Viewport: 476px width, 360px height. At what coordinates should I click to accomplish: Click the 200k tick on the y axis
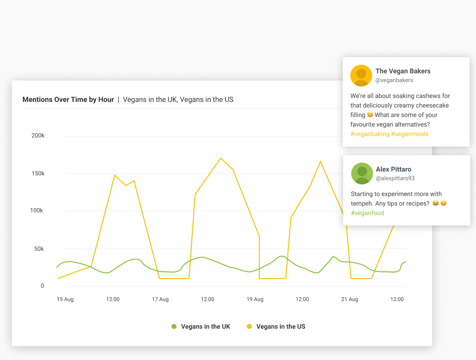click(x=38, y=136)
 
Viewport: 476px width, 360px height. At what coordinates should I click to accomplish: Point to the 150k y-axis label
click(x=38, y=173)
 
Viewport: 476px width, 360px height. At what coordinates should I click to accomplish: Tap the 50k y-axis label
click(x=39, y=249)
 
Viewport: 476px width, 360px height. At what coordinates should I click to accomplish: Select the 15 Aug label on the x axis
click(x=65, y=300)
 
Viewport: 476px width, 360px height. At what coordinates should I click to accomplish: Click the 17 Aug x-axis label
click(x=160, y=300)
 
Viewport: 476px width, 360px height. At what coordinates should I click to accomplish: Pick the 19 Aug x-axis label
click(x=255, y=300)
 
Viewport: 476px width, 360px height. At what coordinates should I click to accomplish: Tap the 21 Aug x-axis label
click(x=350, y=300)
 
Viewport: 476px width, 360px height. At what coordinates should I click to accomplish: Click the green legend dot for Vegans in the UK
click(x=174, y=327)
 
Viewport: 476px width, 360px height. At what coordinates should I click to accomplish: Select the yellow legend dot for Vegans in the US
click(x=249, y=327)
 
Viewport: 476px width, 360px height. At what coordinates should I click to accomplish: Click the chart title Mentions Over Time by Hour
click(x=68, y=100)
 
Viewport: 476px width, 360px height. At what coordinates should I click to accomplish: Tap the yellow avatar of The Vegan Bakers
click(x=361, y=76)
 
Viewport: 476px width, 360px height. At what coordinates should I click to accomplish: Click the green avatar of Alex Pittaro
click(x=362, y=173)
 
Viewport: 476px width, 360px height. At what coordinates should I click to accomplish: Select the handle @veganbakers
click(x=394, y=80)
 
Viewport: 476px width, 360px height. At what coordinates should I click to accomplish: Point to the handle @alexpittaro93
click(x=395, y=178)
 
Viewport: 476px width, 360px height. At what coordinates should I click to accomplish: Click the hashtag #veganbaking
click(x=369, y=134)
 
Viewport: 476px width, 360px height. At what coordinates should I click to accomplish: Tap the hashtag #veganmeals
click(x=410, y=134)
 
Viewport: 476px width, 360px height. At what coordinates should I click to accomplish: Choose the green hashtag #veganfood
click(x=367, y=213)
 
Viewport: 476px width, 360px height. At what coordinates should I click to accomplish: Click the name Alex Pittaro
click(x=393, y=169)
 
